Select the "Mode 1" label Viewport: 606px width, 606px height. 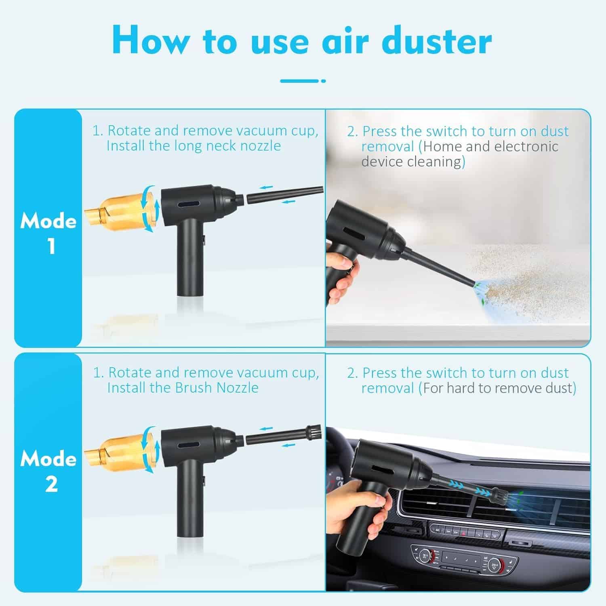click(x=49, y=233)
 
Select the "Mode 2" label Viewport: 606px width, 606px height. click(x=49, y=471)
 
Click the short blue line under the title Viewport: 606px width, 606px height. click(x=303, y=81)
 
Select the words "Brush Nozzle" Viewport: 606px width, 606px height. click(x=217, y=388)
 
